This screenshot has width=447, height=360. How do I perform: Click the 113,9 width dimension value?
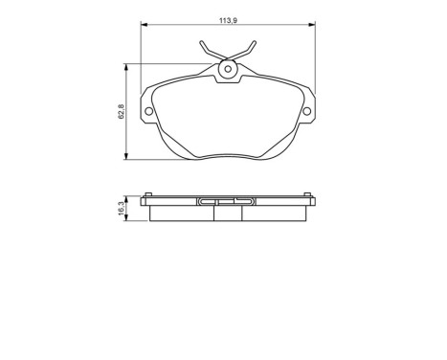tap(228, 15)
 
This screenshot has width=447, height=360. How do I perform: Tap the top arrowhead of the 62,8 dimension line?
tap(128, 66)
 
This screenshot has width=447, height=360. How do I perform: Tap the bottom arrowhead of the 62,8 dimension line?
tap(128, 158)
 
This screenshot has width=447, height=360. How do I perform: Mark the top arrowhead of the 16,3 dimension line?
tap(128, 196)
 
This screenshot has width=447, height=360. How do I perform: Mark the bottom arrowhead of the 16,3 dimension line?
tap(128, 219)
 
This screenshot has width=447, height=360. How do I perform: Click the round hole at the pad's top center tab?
tap(228, 69)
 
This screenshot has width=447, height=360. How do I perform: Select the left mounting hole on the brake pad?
tap(148, 112)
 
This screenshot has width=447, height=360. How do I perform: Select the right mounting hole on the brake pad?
tap(307, 112)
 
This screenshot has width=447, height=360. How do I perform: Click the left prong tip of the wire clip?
tap(202, 43)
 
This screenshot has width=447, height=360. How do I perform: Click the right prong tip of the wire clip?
tap(254, 43)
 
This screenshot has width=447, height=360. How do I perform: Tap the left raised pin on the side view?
tap(147, 197)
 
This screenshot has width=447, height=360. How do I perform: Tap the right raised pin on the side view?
tap(308, 197)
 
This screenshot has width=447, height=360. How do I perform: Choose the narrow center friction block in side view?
tap(228, 214)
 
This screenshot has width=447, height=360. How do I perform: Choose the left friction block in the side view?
tap(182, 214)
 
